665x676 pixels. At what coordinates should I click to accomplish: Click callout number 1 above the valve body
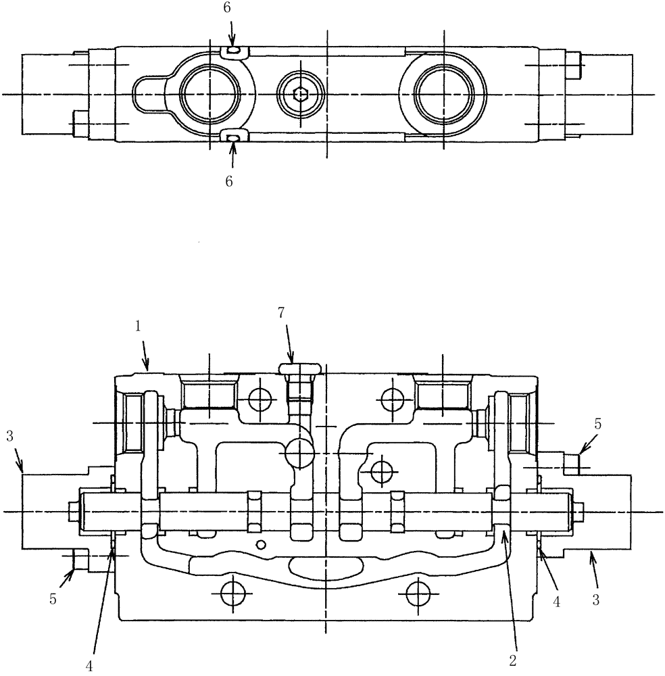137,326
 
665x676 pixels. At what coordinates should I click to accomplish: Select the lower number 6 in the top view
228,182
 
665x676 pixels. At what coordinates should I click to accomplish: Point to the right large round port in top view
443,94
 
